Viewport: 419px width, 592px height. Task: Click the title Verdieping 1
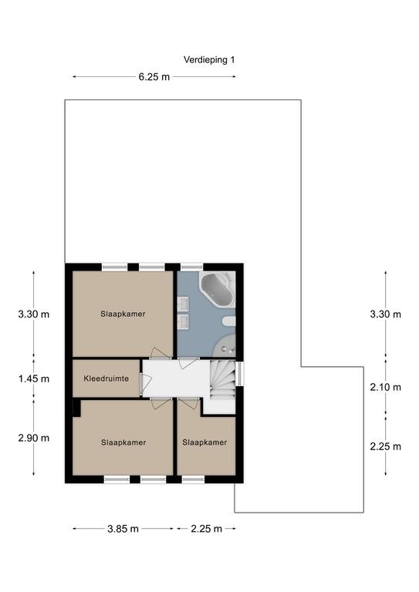click(209, 59)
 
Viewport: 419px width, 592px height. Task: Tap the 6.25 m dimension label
click(154, 77)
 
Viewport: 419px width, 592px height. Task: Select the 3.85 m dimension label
click(123, 529)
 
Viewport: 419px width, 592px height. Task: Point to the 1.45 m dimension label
click(34, 378)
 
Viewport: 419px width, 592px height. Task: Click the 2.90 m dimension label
click(34, 438)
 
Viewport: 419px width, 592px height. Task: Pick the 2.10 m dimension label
click(385, 387)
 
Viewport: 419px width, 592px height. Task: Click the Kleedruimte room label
click(106, 378)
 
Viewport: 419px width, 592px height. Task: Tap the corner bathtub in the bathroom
click(218, 289)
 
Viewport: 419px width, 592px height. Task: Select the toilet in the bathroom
click(229, 321)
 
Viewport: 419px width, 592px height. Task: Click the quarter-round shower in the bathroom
click(225, 345)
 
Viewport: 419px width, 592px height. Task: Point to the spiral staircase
click(222, 380)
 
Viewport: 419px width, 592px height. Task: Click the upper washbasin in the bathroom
click(183, 303)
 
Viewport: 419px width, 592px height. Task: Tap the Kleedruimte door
click(145, 383)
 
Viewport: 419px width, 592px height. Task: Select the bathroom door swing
click(188, 362)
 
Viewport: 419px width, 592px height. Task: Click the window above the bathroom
click(191, 267)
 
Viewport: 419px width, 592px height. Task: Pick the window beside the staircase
click(239, 374)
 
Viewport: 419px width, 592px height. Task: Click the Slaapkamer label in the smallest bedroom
click(204, 442)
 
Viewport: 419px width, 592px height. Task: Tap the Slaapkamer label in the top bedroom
click(123, 314)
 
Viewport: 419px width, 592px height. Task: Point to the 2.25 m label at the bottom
click(206, 529)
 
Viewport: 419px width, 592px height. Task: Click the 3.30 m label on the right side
click(385, 314)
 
